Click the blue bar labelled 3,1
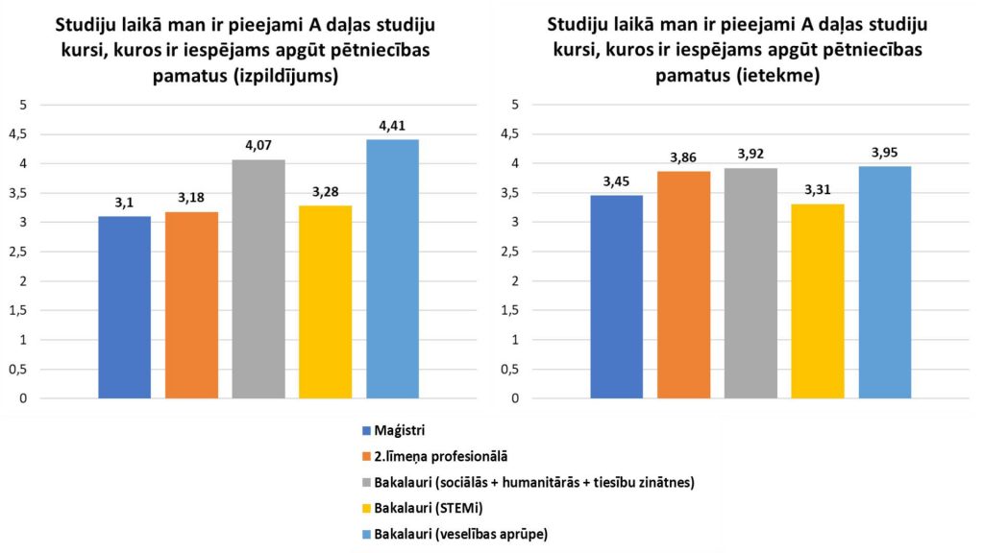pos(124,307)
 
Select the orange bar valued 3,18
pos(191,304)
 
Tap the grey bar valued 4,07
pos(258,278)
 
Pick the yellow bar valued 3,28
pos(325,301)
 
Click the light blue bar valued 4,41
pos(392,269)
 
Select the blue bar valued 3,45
pos(616,297)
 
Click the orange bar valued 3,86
pos(683,284)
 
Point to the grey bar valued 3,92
pos(750,283)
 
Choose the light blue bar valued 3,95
pos(884,282)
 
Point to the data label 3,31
pos(817,189)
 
